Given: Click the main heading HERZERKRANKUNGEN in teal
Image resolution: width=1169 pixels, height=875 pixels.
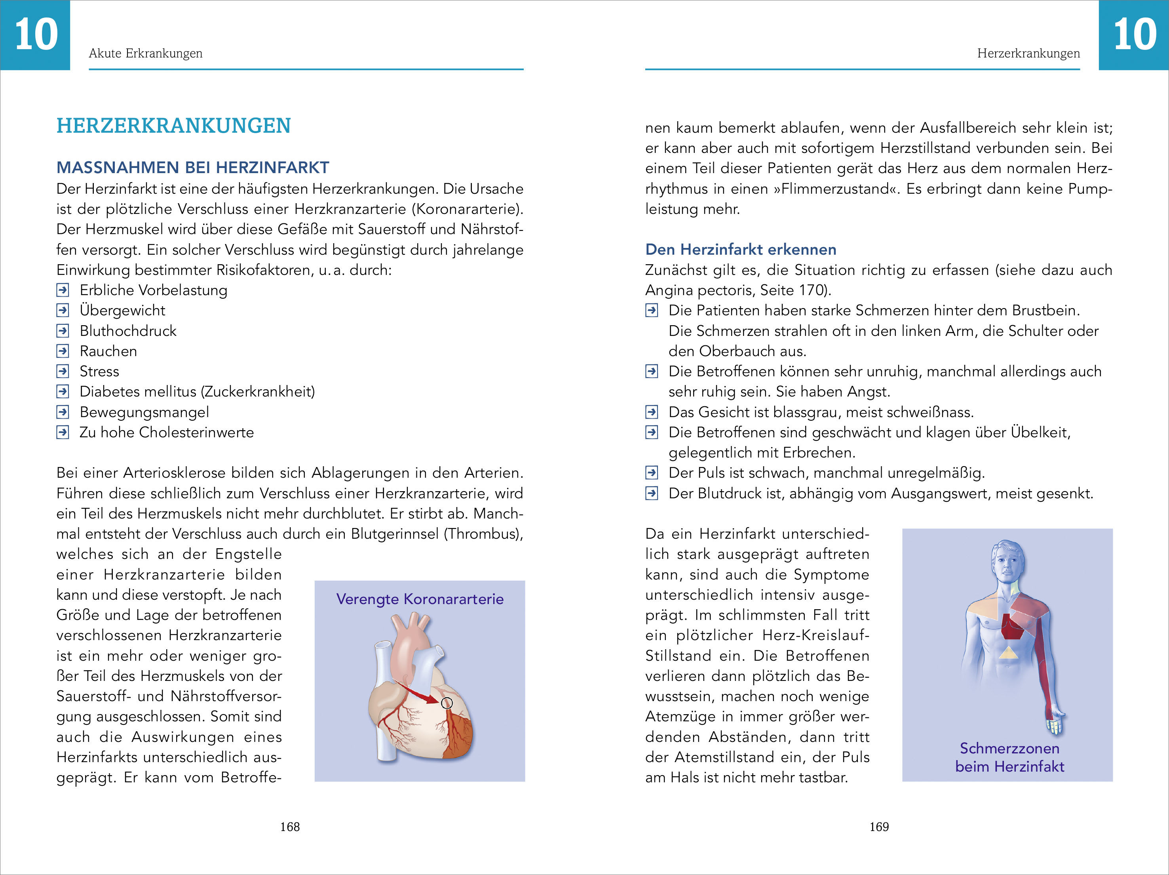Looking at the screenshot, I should click(173, 126).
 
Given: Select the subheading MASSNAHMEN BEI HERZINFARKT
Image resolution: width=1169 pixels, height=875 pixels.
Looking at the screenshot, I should click(192, 168).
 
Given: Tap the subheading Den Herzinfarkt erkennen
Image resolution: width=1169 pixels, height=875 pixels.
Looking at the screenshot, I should click(740, 249).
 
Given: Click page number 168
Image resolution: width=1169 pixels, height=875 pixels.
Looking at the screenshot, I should click(290, 826).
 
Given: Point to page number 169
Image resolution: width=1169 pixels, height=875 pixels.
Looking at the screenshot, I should click(879, 826).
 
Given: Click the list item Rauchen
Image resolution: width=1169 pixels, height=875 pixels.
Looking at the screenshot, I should click(108, 351).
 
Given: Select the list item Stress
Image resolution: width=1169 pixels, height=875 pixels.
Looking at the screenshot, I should click(99, 371).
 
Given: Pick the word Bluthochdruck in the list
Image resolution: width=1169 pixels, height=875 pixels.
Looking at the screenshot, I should click(128, 331).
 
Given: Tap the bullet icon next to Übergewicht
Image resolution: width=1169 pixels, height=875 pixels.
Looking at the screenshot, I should click(63, 310).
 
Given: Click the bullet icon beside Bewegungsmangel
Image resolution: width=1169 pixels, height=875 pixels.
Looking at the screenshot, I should click(63, 412).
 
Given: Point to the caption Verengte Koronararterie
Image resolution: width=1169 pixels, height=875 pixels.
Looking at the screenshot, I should click(420, 599).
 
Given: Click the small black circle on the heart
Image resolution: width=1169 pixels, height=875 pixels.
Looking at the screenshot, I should click(447, 703).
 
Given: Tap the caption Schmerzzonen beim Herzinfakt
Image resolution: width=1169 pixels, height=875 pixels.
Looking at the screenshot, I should click(1009, 757).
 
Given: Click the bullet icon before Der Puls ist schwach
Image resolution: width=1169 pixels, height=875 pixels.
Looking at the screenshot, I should click(652, 473).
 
